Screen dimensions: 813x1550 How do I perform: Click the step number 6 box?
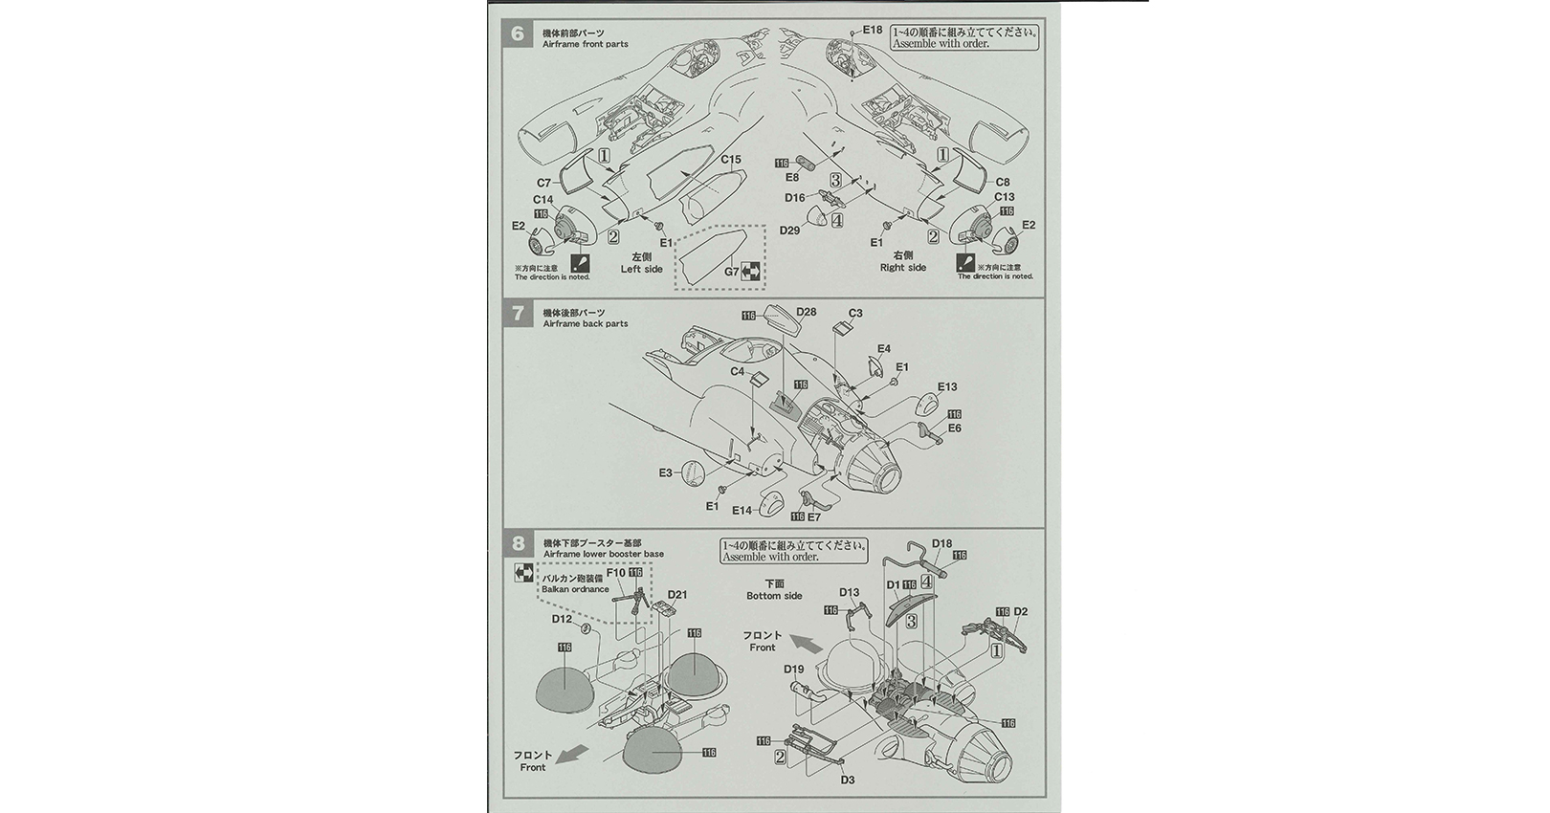(x=518, y=34)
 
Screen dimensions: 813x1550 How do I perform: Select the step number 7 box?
(x=518, y=314)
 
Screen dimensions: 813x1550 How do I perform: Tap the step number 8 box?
(x=518, y=545)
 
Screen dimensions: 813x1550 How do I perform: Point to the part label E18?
(x=872, y=30)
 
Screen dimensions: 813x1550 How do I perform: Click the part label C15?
(x=731, y=160)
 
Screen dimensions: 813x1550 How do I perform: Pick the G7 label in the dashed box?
(x=732, y=272)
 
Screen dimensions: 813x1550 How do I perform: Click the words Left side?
(x=641, y=270)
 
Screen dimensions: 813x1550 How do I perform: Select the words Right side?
(x=902, y=268)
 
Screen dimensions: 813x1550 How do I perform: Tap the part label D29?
(x=789, y=231)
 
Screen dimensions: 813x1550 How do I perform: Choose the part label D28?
(x=806, y=312)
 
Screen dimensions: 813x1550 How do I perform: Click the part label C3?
(x=855, y=313)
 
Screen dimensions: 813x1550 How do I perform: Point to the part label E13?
(x=947, y=387)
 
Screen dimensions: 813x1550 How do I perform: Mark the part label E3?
(x=666, y=472)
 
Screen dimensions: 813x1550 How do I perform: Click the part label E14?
(x=742, y=512)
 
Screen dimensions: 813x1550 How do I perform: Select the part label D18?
(x=941, y=544)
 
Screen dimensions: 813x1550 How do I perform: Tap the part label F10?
(x=616, y=573)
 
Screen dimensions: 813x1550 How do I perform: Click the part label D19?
(x=794, y=670)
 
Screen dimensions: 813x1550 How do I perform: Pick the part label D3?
(x=848, y=780)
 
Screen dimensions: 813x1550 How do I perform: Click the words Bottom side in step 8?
(x=775, y=596)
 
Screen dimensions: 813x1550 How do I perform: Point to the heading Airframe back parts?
(x=585, y=324)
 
